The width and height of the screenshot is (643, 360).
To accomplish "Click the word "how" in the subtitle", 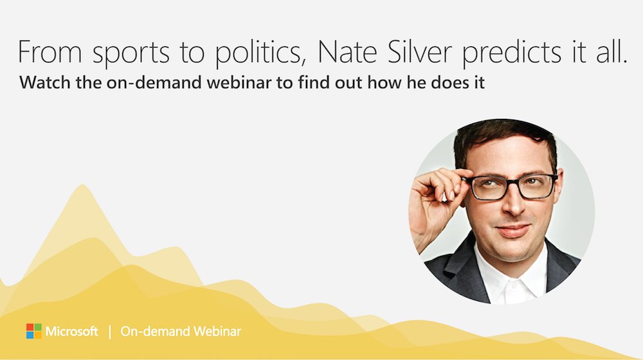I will [343, 84].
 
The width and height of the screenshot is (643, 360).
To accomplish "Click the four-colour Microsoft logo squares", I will [33, 331].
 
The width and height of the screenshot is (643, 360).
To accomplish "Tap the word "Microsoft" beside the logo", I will [72, 332].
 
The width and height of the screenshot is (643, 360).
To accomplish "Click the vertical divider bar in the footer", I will [110, 332].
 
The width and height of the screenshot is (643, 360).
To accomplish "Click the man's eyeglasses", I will [511, 186].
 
